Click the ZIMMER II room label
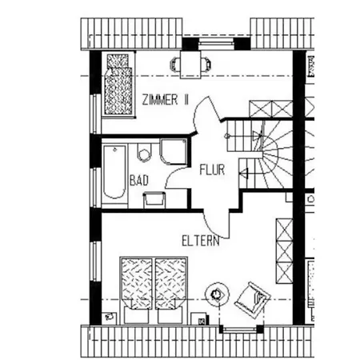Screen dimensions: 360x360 pos(165,100)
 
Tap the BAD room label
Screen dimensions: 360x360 pos(139,181)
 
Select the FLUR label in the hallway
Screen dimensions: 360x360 pos(212,170)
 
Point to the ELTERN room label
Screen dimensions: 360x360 pos(201,241)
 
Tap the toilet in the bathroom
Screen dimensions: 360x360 pos(144,152)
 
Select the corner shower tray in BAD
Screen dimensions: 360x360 pos(174,151)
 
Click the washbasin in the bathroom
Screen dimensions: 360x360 pos(154,200)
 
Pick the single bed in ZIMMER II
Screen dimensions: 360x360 pos(118,84)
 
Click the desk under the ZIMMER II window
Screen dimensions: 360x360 pos(190,65)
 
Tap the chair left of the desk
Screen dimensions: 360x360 pos(175,65)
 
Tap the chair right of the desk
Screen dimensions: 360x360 pos(206,65)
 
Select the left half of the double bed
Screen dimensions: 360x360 pos(137,290)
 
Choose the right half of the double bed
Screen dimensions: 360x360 pos(170,290)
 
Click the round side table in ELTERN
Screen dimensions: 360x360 pos(217,294)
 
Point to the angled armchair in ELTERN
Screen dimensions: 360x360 pos(253,300)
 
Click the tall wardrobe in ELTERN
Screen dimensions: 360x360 pos(284,251)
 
